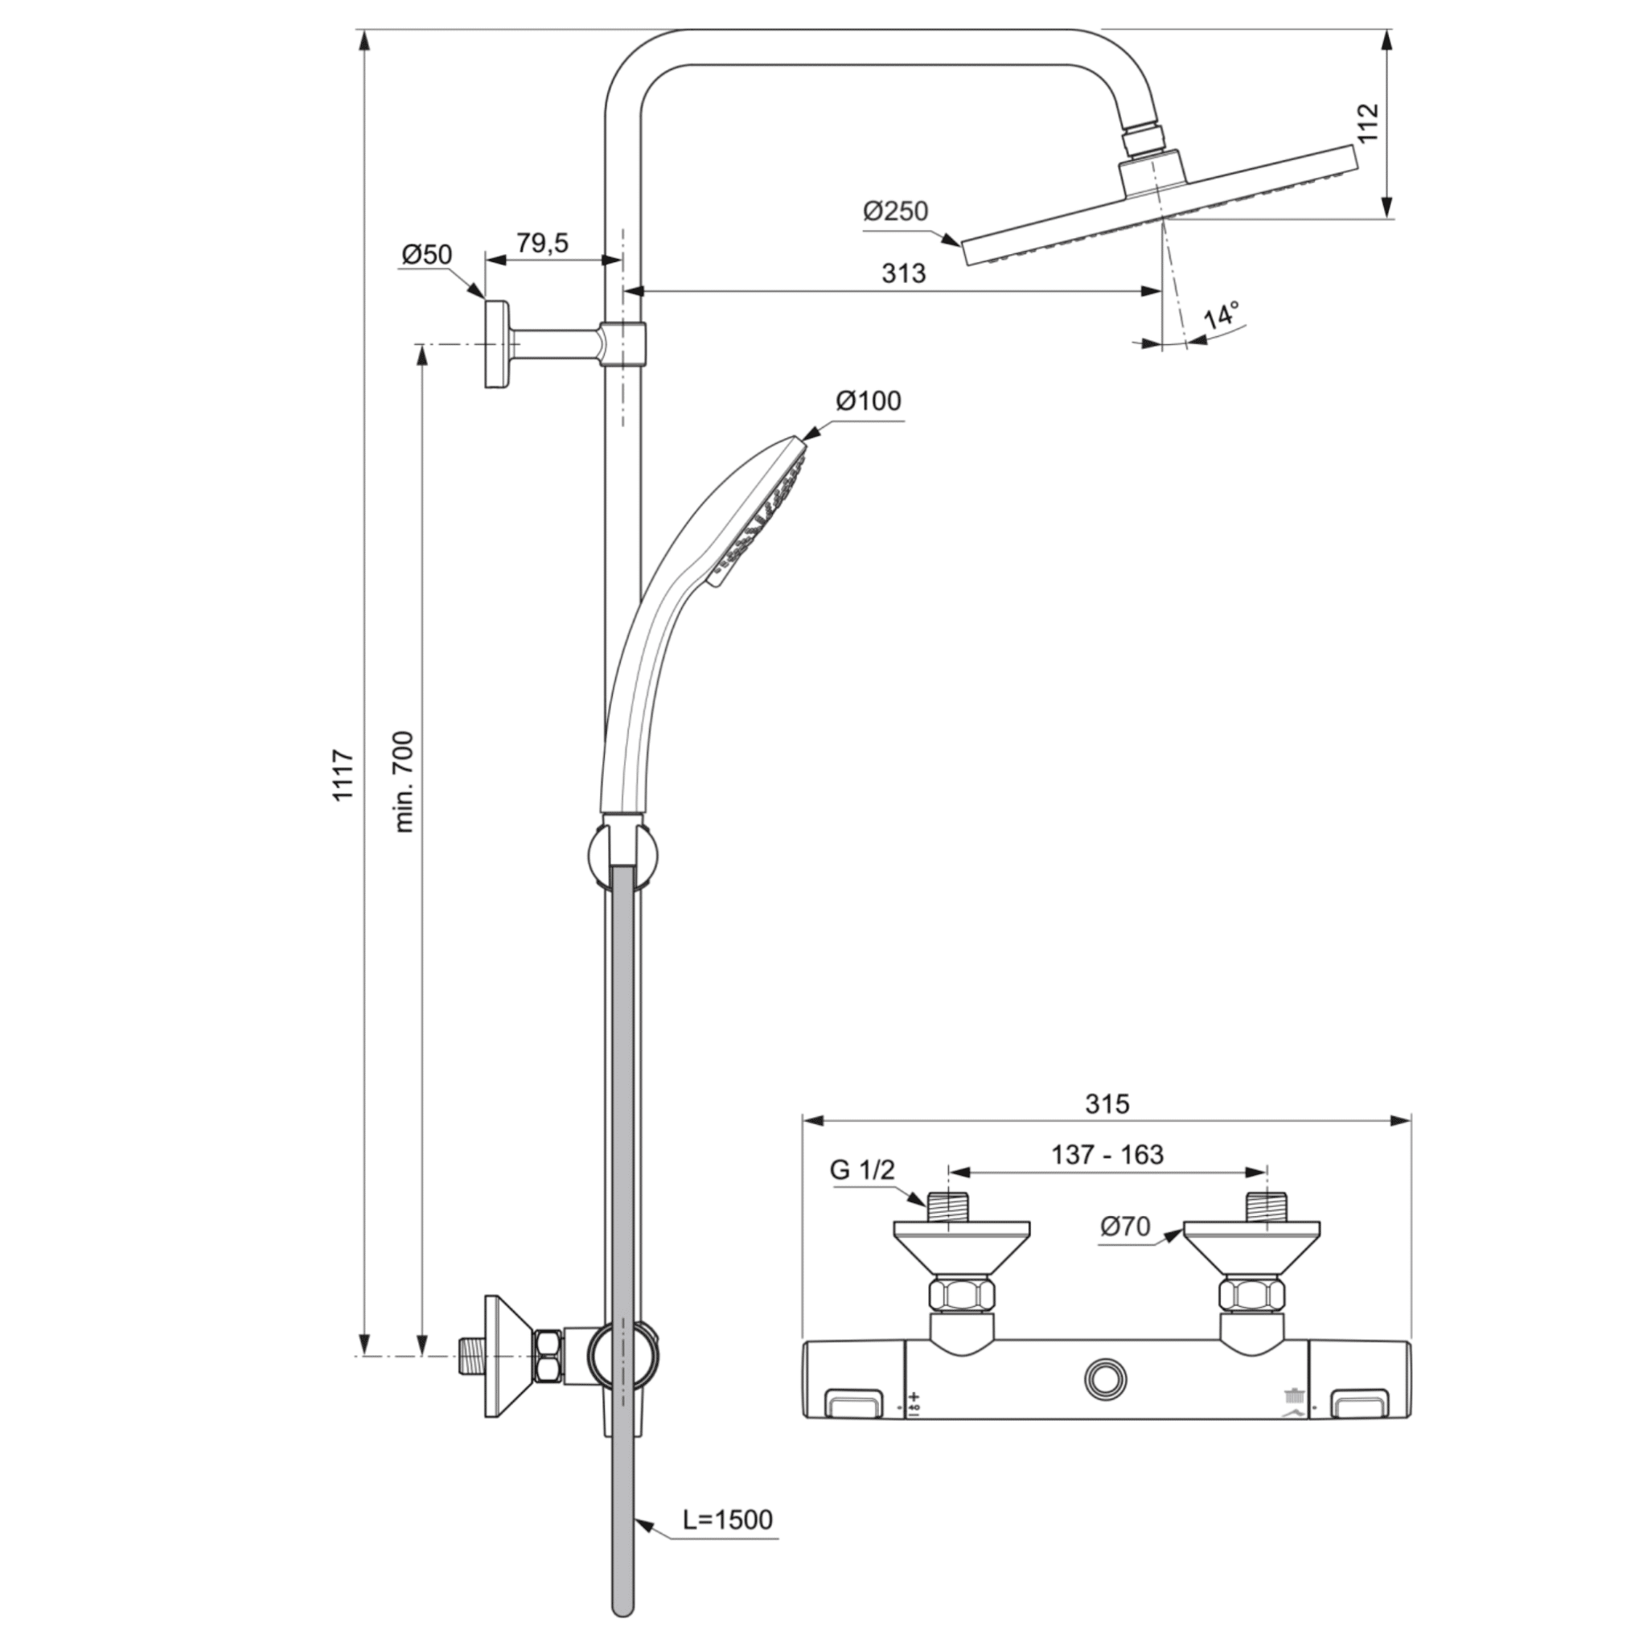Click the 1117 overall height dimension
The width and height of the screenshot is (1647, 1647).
coord(343,775)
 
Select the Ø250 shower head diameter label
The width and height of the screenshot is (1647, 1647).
coord(895,211)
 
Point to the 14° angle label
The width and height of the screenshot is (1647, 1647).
coord(1222,316)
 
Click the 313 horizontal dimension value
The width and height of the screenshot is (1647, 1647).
coord(904,273)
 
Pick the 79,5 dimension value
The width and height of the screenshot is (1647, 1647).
coord(542,243)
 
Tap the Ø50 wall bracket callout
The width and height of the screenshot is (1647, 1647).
coord(426,254)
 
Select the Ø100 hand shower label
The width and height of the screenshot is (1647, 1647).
coord(868,400)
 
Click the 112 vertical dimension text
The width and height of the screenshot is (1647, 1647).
coord(1366,124)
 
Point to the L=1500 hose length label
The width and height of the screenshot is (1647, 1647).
coord(727,1519)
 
